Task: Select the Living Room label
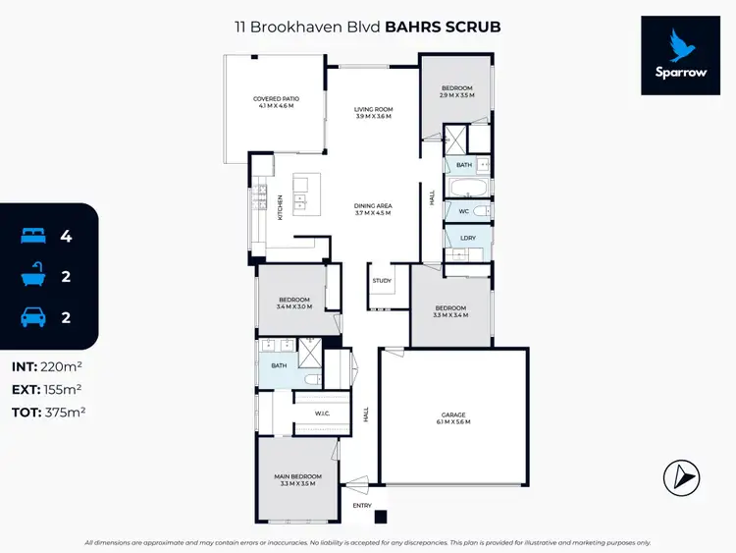373,113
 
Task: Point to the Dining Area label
373,209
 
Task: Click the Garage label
454,417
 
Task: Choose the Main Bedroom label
295,480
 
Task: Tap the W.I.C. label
321,414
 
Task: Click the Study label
382,281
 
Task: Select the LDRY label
455,238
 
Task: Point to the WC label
463,211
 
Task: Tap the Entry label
363,506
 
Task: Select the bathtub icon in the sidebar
32,277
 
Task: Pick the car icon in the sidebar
32,317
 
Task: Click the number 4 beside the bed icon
66,236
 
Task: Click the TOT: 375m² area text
48,412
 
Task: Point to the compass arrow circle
684,477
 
